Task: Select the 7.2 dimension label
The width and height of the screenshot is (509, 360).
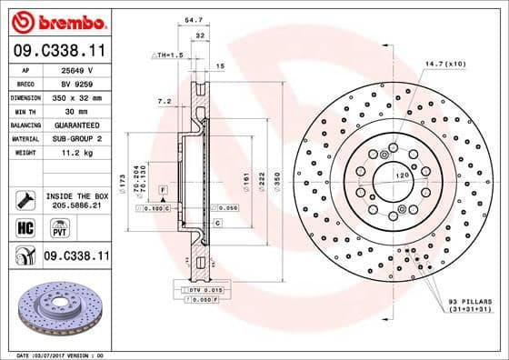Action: (x=164, y=101)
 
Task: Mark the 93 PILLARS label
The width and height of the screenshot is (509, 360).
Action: (x=470, y=300)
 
